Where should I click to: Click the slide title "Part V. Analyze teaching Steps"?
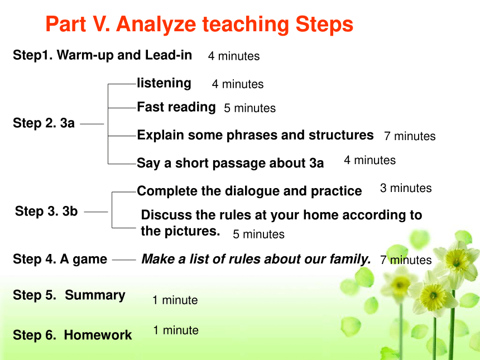point(199,25)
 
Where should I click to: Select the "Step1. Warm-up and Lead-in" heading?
point(102,55)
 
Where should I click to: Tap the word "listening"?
point(164,83)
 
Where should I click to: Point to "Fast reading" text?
point(176,107)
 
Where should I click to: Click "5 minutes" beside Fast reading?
point(250,108)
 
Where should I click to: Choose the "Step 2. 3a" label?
point(44,123)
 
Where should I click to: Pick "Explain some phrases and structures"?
point(255,135)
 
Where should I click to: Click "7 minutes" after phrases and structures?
point(410,136)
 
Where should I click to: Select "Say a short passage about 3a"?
point(230,163)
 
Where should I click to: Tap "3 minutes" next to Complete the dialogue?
point(406,188)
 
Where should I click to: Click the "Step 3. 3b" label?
point(46,211)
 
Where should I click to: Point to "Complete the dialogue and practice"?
point(249,191)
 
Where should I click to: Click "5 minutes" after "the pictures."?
point(258,234)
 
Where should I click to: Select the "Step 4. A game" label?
point(60,260)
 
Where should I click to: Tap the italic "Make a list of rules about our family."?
point(256,260)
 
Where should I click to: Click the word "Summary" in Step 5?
point(95,295)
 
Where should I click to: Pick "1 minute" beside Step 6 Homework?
point(176,330)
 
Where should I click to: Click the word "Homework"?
point(98,335)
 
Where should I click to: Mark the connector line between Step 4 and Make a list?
point(124,260)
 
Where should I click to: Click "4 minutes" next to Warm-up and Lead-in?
point(234,56)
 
